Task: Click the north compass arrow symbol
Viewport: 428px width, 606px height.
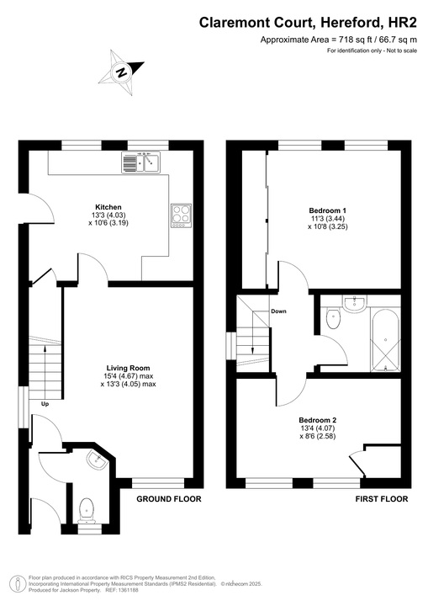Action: click(122, 72)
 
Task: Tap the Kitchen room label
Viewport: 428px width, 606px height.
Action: click(108, 206)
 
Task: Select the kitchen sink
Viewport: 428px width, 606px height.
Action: click(140, 162)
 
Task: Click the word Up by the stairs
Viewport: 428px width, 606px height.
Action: click(45, 403)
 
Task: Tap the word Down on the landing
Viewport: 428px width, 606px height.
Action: click(279, 311)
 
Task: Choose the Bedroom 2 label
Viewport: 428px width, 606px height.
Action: click(317, 419)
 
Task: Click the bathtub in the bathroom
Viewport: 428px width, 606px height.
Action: click(384, 341)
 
